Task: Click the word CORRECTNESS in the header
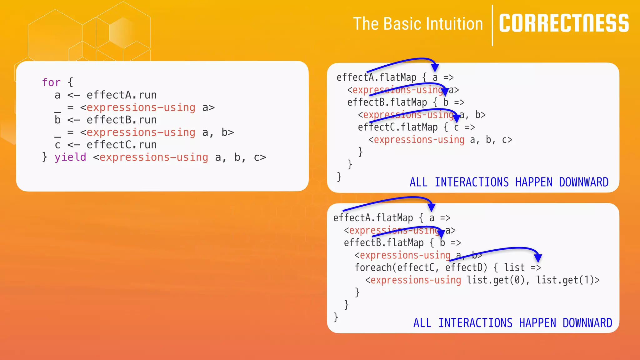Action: click(564, 23)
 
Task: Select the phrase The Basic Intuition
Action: click(418, 24)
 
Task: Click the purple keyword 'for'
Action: click(51, 82)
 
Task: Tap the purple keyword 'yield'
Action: click(70, 157)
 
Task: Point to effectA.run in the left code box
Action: click(122, 95)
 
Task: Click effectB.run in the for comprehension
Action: click(122, 120)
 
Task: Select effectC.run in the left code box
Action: click(122, 145)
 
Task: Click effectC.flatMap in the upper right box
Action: click(398, 127)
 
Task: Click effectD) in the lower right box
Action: click(466, 267)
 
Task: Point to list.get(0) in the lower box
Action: click(496, 280)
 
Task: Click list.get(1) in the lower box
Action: click(566, 280)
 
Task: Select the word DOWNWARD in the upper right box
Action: click(583, 182)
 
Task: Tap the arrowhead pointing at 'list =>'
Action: click(538, 257)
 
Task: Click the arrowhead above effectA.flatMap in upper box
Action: click(435, 67)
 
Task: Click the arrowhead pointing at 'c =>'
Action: click(457, 118)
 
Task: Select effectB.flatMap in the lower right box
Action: click(384, 243)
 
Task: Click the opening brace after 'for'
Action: click(70, 82)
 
